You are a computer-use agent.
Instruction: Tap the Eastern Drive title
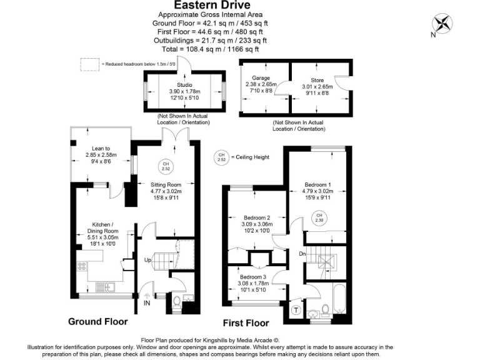click(x=212, y=5)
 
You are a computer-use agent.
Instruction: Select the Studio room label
click(x=184, y=85)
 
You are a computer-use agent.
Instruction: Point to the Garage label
click(x=261, y=78)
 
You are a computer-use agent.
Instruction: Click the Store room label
click(x=317, y=80)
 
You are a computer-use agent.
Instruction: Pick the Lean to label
click(x=101, y=149)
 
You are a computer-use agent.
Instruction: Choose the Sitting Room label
click(x=166, y=184)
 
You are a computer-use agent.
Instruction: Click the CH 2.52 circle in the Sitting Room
click(x=166, y=166)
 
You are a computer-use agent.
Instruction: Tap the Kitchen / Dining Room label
click(x=102, y=227)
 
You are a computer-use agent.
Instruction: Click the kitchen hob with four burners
click(x=82, y=266)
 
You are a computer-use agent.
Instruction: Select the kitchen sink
click(x=105, y=287)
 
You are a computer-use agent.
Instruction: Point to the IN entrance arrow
click(x=147, y=296)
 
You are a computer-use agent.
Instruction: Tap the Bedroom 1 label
click(x=317, y=184)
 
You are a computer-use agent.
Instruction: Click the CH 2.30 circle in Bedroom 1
click(x=319, y=217)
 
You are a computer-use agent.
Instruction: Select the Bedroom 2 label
click(x=257, y=217)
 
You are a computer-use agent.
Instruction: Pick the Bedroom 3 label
click(x=253, y=277)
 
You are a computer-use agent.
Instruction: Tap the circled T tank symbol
click(x=296, y=310)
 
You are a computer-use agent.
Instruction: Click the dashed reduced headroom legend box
click(x=90, y=64)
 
